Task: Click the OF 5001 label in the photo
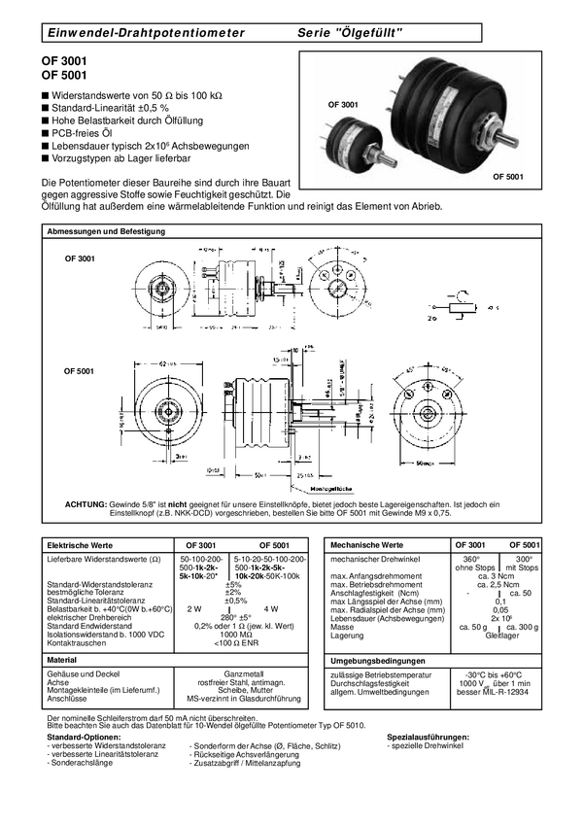507,177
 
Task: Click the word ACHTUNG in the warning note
86,503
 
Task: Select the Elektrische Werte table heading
81,545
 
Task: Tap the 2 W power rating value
193,607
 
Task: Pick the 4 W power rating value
270,607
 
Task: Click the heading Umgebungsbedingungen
379,660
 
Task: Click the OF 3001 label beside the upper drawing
80,259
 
